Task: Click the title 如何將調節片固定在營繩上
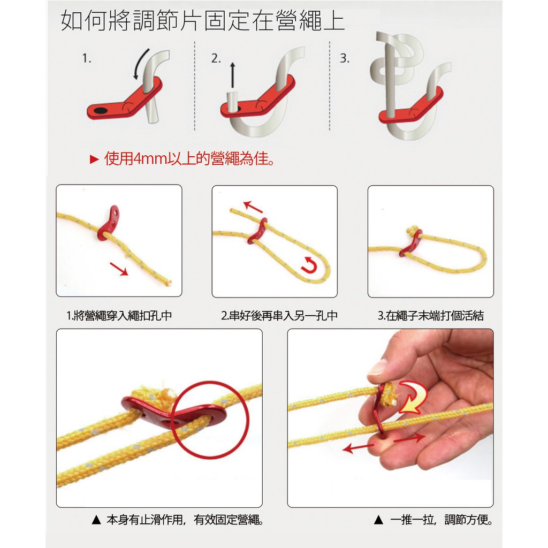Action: tap(203, 21)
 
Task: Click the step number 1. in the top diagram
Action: tap(87, 58)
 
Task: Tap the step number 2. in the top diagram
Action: tap(216, 58)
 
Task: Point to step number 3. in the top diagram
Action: tap(345, 58)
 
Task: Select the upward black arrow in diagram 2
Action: tap(232, 75)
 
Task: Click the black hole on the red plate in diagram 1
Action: tap(101, 111)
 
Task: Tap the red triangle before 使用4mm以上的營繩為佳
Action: tap(94, 159)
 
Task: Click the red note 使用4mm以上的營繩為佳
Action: tap(189, 159)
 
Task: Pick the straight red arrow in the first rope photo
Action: tap(119, 269)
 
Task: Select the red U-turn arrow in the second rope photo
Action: tap(309, 265)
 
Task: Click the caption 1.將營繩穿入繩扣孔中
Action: tap(119, 316)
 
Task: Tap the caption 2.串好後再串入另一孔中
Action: tap(279, 316)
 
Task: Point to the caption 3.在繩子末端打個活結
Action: tap(431, 316)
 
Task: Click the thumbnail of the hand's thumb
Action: tap(377, 367)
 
